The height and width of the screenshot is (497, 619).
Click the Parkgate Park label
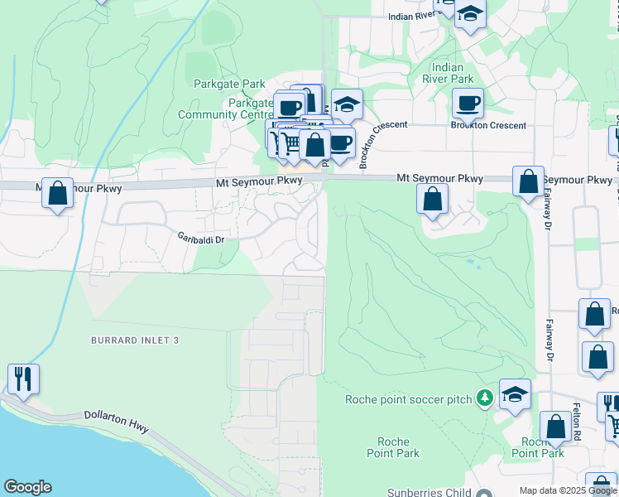point(228,84)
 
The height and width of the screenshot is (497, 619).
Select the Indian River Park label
point(452,73)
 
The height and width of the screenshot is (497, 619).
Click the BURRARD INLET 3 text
point(135,340)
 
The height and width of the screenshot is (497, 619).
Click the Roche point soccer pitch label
point(409,399)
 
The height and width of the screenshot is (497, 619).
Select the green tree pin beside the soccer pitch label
point(485,399)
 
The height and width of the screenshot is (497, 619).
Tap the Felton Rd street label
point(578,420)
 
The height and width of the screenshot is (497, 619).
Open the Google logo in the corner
point(27,487)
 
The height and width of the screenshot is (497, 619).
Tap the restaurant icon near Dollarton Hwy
point(23,379)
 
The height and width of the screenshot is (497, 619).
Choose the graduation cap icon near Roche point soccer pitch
point(515,393)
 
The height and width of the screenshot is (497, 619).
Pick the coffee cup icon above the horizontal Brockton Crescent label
point(468,103)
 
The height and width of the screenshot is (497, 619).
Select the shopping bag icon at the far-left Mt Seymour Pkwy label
point(57,193)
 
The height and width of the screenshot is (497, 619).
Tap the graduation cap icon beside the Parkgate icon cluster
point(348,104)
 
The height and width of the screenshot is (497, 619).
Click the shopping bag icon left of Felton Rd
point(555,427)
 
